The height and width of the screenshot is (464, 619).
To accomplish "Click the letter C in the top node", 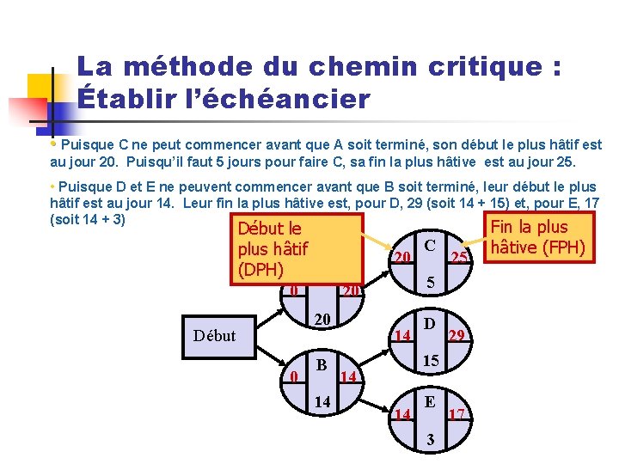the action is click(x=430, y=245).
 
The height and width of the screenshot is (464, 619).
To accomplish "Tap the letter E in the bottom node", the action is click(x=430, y=401).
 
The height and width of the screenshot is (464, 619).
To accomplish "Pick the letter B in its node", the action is click(x=321, y=364).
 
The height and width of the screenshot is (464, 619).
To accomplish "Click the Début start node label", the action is click(x=215, y=335).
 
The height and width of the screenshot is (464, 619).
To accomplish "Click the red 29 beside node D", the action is click(x=459, y=336).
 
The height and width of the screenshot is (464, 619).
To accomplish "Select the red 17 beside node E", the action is click(x=457, y=414).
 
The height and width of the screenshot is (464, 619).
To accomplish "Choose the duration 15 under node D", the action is click(x=432, y=363).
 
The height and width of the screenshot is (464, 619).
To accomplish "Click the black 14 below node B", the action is click(x=322, y=402).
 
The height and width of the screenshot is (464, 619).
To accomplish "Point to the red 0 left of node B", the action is click(x=294, y=376).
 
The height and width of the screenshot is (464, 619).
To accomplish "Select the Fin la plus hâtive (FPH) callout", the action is click(x=536, y=238).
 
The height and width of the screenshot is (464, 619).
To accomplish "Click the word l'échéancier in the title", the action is click(x=266, y=99).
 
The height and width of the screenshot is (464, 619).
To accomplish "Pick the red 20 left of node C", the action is click(x=401, y=258).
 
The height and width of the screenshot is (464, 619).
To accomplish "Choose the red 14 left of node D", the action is click(x=401, y=336).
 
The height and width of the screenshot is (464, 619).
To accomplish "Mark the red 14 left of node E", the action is click(x=401, y=414).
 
